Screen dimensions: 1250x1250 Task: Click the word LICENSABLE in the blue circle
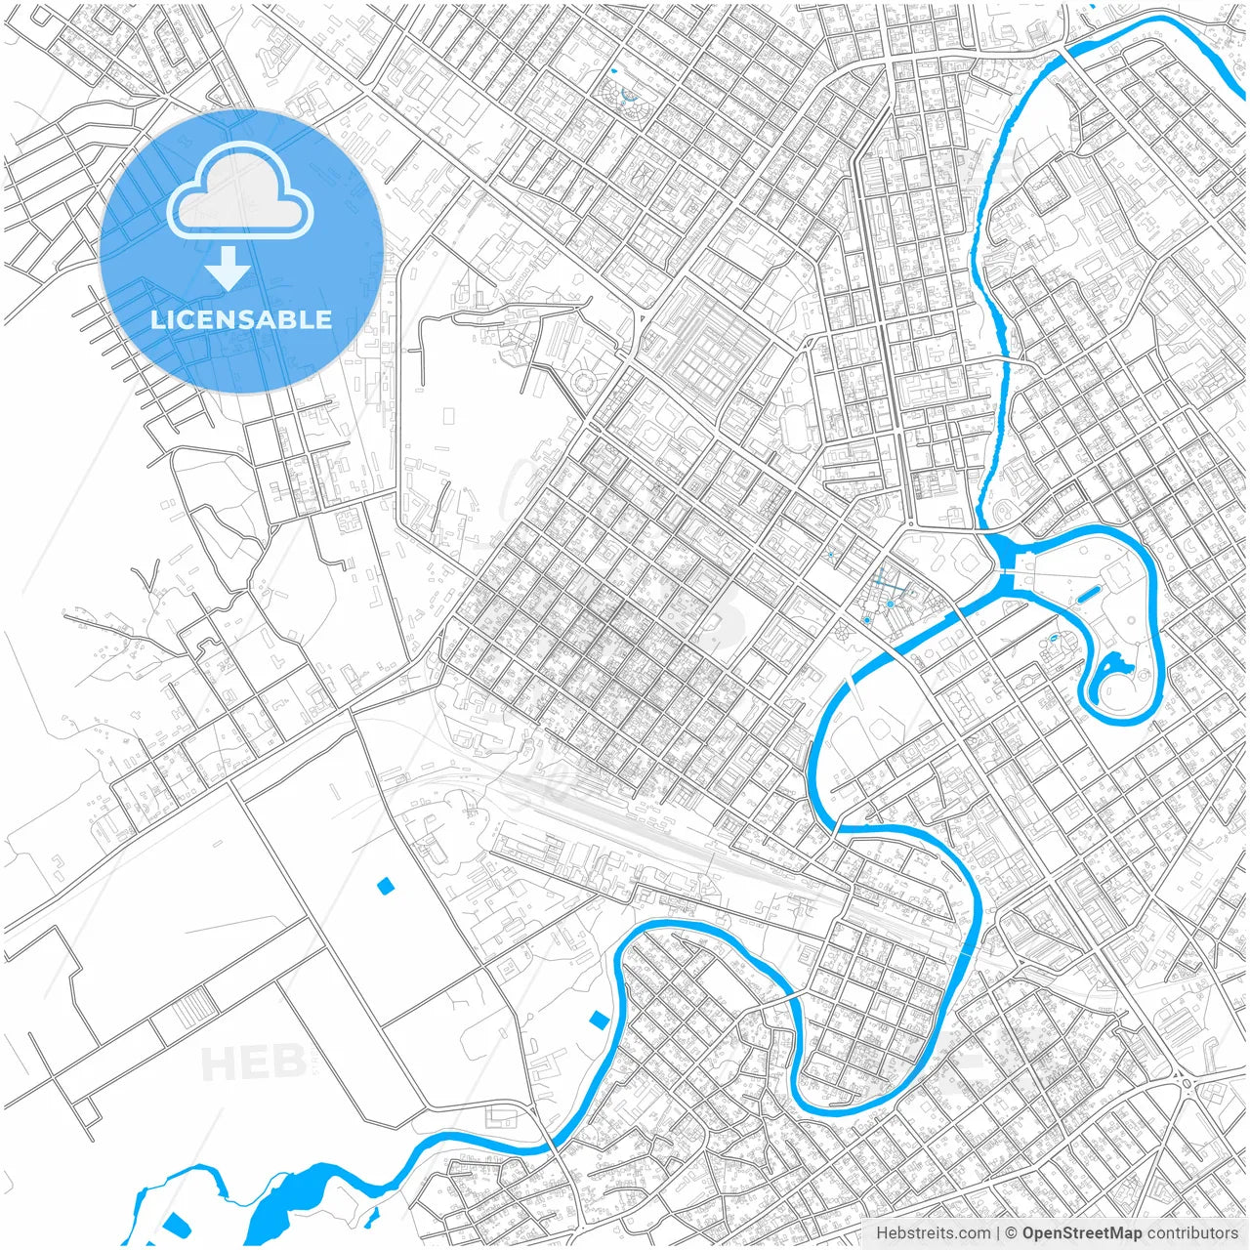(x=241, y=319)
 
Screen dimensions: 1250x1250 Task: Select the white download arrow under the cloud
(x=229, y=267)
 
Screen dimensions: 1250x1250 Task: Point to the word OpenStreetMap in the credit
(x=1081, y=1233)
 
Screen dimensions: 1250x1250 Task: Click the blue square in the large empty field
(x=385, y=886)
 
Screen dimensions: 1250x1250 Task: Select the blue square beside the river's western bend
(x=599, y=1020)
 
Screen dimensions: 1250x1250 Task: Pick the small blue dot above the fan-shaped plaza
(x=613, y=71)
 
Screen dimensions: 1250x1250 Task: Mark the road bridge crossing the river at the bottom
(x=553, y=1145)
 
